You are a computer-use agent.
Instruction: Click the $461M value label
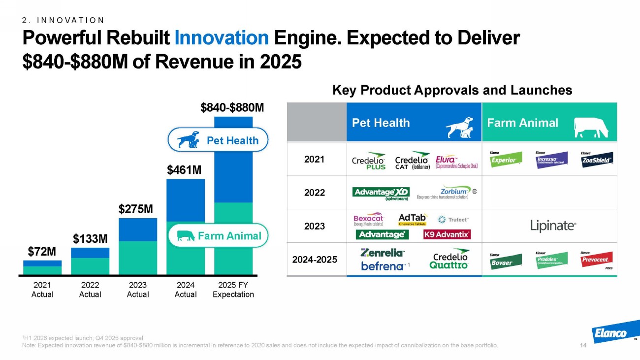click(185, 170)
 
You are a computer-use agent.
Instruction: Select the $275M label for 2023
click(136, 209)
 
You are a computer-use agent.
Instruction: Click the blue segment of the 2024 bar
click(186, 200)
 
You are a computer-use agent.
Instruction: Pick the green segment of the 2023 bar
click(138, 257)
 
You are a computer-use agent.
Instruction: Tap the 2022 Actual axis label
click(90, 290)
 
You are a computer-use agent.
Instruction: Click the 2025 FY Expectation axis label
click(233, 290)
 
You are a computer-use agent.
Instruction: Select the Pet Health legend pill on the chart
click(218, 140)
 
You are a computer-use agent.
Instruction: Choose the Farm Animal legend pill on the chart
click(218, 236)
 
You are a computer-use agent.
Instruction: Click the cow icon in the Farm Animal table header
click(591, 128)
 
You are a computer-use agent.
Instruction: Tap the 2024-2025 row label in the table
click(315, 258)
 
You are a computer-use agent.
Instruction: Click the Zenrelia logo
click(383, 253)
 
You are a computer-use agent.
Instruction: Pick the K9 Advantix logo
click(447, 234)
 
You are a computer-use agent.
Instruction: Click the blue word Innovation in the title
click(222, 38)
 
